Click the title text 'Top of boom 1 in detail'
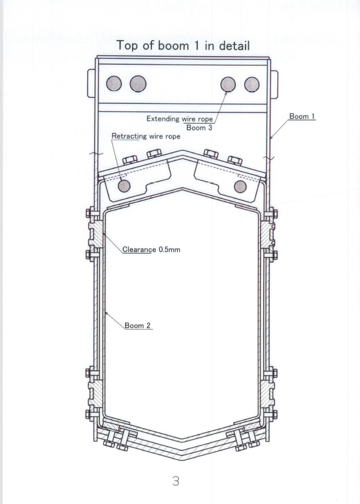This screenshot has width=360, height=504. click(183, 45)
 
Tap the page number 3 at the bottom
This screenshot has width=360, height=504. click(176, 481)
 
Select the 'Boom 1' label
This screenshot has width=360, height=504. click(302, 116)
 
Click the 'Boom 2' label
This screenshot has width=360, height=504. click(137, 325)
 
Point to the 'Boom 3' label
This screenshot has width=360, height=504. click(200, 128)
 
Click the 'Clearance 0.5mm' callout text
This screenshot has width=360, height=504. click(151, 249)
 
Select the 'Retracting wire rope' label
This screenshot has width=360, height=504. click(146, 136)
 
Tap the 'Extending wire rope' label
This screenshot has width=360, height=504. click(180, 119)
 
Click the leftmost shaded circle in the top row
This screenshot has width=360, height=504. click(114, 83)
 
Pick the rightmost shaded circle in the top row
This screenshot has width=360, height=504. click(251, 84)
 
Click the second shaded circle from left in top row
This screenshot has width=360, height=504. click(138, 83)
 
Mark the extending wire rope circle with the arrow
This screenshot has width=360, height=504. click(228, 84)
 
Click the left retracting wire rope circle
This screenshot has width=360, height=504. click(124, 186)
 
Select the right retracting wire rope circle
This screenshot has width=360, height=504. click(240, 186)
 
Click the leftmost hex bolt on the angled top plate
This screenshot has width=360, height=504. click(130, 160)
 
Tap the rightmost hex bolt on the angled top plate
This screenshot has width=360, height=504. click(235, 160)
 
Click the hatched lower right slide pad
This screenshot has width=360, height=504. click(267, 394)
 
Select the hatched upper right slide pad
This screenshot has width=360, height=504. click(267, 234)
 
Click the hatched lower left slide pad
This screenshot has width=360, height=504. click(96, 394)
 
